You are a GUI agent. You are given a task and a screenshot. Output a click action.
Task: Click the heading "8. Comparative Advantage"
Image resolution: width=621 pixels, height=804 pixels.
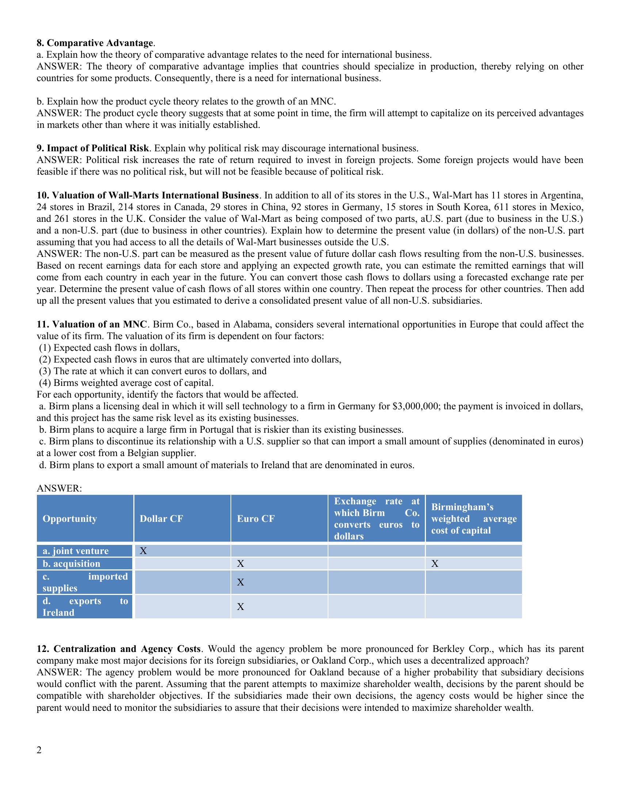point(95,43)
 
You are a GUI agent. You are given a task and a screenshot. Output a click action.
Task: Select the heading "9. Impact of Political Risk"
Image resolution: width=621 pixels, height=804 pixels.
point(93,148)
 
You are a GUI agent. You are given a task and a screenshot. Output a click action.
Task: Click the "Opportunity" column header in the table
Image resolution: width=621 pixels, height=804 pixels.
point(69,519)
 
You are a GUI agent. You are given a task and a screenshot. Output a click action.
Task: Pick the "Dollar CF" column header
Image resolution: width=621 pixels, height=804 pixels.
point(161,519)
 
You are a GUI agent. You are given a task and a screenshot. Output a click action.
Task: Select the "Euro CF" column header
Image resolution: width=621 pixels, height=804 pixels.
point(256,519)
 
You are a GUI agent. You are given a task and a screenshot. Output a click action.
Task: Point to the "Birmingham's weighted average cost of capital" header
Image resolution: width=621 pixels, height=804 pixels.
point(473,519)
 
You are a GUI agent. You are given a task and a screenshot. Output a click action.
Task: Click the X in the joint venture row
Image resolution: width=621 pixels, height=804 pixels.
point(143,551)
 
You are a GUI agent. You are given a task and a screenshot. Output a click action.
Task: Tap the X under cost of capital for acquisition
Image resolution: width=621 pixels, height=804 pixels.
point(434,564)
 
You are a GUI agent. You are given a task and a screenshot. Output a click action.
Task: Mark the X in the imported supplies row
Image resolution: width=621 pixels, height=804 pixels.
point(240,582)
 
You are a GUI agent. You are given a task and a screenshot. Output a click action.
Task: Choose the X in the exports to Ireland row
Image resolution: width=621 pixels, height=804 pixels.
point(240,607)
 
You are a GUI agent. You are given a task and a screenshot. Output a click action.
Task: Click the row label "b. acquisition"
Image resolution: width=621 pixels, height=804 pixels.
point(71,564)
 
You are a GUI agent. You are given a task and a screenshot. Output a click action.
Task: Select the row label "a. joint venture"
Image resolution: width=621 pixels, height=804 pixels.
point(75,551)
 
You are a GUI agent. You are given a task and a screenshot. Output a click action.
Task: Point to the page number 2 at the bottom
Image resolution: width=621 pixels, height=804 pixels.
point(39,750)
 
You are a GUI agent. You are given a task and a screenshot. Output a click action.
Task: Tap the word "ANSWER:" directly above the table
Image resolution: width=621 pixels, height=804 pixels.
point(59,489)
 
